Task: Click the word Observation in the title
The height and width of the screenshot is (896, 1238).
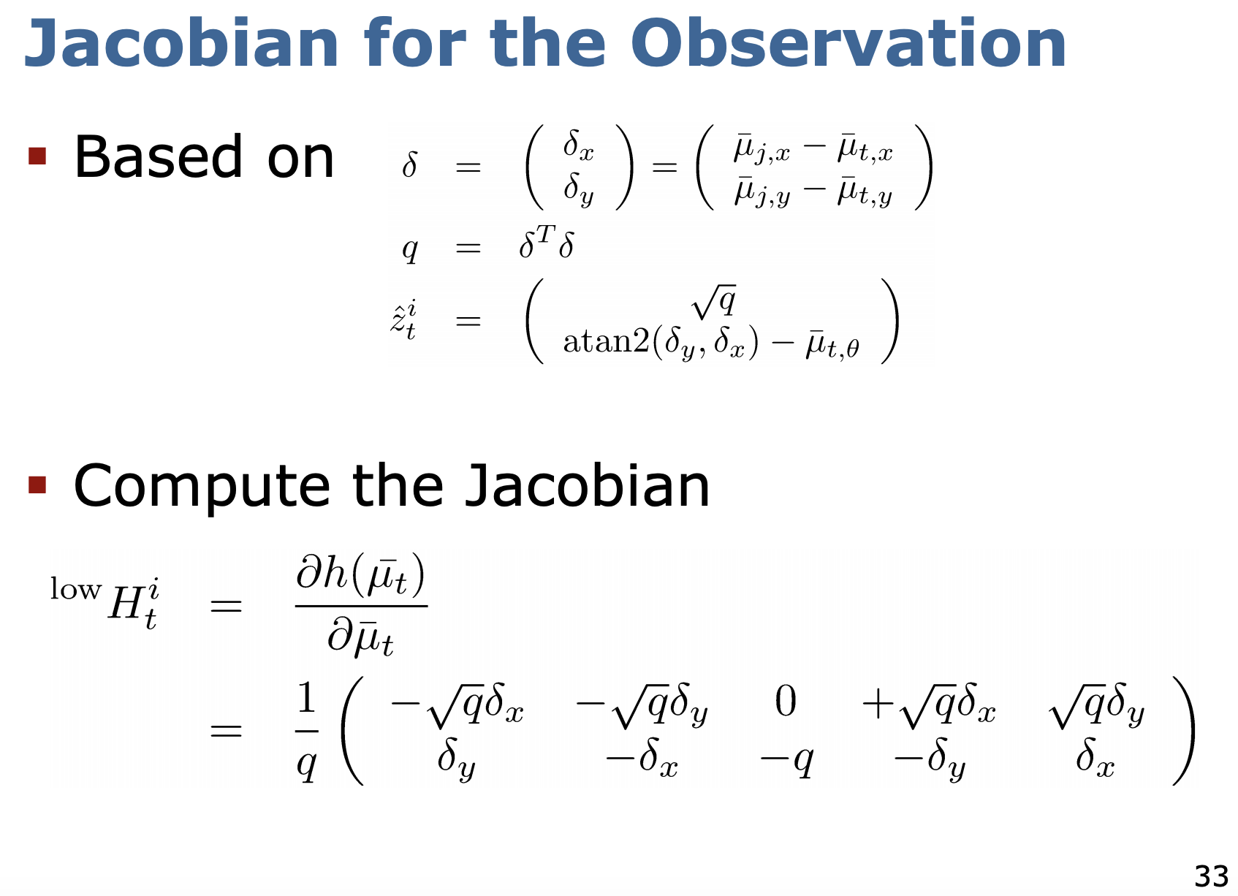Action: [848, 44]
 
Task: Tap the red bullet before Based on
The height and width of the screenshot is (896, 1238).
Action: [37, 156]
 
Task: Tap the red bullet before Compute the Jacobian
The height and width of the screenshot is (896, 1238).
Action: [37, 485]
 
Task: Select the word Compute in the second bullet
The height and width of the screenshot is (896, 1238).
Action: [202, 488]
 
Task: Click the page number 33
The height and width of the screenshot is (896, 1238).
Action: [1211, 875]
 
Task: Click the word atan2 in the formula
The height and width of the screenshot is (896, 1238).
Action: [606, 341]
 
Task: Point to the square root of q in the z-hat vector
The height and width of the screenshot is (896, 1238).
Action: [714, 301]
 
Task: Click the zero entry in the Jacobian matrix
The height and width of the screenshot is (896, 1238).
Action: [786, 702]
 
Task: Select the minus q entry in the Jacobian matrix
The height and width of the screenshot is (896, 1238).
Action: [786, 762]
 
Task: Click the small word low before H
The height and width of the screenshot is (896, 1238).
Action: [75, 589]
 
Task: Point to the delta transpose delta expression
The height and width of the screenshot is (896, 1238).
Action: [546, 245]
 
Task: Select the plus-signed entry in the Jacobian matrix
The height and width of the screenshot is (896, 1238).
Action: [928, 705]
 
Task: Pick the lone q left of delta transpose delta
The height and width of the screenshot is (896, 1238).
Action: [410, 249]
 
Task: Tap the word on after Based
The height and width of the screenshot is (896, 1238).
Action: [300, 157]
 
